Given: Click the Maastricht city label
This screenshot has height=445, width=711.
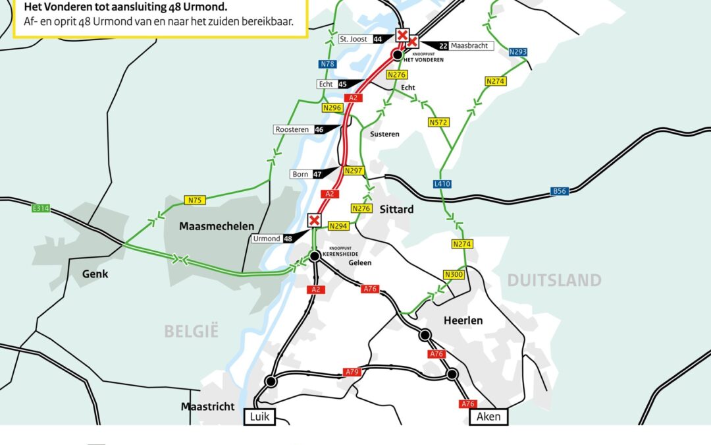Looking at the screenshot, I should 207,407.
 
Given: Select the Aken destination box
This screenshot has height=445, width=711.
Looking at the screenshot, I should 488,417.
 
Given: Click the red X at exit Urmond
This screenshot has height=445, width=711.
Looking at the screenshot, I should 315,220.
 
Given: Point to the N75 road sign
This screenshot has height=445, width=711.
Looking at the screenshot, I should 194,200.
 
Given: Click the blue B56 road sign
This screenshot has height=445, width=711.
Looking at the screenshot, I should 559,192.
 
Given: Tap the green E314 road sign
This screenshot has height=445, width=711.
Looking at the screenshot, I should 41,209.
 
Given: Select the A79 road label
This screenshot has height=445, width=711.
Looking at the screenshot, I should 353,372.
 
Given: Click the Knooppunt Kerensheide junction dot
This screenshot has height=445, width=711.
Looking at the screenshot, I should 315,255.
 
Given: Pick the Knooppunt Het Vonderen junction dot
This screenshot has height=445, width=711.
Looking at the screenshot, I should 398,54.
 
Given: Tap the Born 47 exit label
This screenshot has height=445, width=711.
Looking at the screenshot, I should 306,175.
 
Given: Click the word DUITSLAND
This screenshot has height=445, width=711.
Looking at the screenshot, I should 554,280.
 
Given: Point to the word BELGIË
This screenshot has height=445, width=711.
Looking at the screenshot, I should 191,331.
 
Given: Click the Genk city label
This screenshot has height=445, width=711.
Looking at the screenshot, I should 95,274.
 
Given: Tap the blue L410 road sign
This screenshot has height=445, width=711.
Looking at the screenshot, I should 442,184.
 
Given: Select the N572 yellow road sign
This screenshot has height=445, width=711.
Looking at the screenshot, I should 438,123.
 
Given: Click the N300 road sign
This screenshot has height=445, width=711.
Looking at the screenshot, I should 454,274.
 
